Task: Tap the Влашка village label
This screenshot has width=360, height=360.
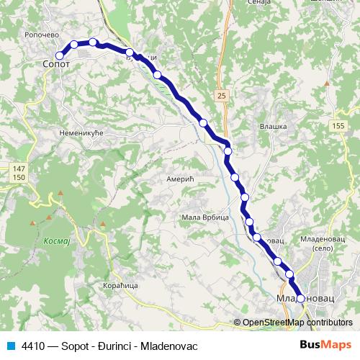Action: (x=273, y=127)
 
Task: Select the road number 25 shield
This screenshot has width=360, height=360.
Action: (x=221, y=95)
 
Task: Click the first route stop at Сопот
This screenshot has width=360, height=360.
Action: (x=59, y=55)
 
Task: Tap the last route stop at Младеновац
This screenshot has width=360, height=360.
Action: (x=301, y=299)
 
